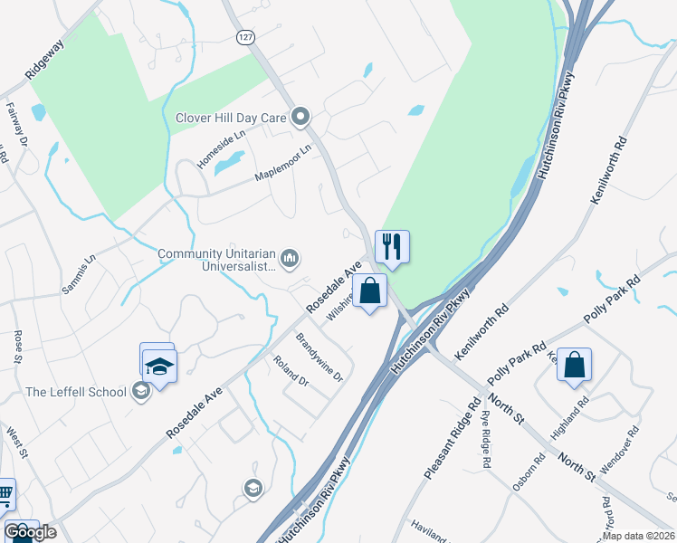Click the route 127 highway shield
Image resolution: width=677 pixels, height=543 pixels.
245,37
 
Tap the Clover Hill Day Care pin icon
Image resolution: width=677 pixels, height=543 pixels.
300,118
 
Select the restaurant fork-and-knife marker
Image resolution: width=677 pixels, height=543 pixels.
392,246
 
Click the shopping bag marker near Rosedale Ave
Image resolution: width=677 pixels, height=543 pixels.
369,291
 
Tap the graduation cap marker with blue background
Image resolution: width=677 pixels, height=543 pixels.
159,367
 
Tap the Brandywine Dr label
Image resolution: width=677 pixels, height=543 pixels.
320,357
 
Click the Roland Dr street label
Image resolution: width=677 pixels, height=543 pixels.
291,371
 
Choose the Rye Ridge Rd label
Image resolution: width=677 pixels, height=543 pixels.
486,439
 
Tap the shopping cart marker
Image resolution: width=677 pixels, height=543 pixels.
5,496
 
